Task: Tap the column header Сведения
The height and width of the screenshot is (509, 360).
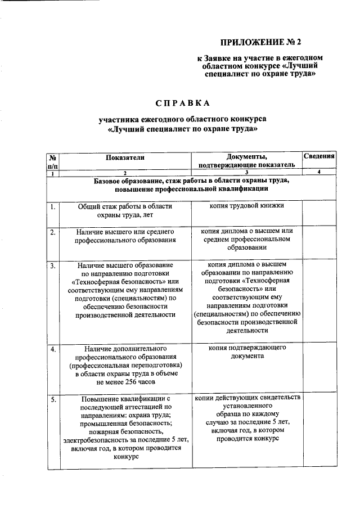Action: (319, 156)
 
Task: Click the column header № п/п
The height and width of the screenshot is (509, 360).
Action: (53, 161)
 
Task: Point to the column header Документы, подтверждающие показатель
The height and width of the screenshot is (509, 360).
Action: (246, 161)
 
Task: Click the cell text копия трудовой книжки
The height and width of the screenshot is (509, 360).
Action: (246, 206)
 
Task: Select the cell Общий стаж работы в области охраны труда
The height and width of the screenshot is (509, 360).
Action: (125, 210)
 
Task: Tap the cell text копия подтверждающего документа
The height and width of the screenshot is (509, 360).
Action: (246, 352)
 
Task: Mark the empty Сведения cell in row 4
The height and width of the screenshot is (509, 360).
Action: (319, 366)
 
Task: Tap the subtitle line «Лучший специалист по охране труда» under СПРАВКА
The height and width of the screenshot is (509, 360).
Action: (182, 129)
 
